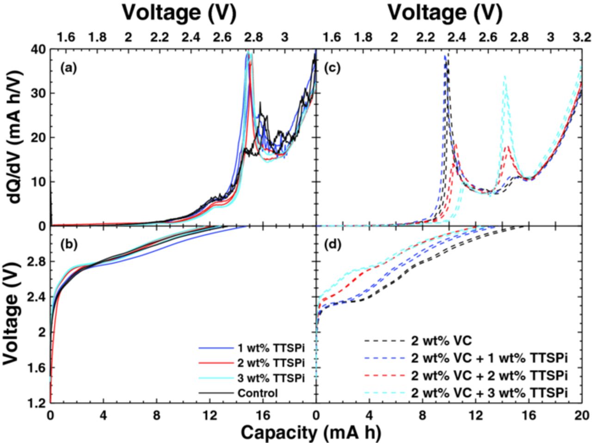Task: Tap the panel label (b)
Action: tap(68, 245)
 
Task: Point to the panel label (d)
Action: tap(334, 245)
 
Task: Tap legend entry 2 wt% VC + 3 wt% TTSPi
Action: tap(489, 392)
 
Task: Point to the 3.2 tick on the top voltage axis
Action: tap(582, 37)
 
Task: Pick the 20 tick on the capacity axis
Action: tap(581, 415)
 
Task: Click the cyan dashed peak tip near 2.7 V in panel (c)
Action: tap(505, 76)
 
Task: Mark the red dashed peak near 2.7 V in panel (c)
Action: tap(508, 147)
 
